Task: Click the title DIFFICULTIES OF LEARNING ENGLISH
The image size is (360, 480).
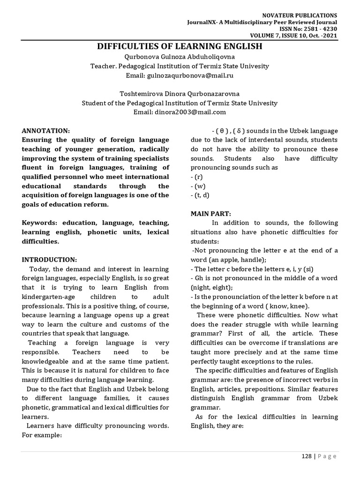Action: point(180,46)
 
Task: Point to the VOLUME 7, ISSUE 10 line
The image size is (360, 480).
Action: point(293,36)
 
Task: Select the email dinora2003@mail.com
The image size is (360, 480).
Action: point(180,112)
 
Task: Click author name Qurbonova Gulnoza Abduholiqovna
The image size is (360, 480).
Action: point(180,57)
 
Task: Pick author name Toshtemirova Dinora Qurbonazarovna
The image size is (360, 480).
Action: point(180,93)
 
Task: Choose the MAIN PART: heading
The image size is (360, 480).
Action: point(210,213)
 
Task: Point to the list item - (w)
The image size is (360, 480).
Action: point(197,186)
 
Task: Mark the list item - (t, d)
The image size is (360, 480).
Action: point(199,195)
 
